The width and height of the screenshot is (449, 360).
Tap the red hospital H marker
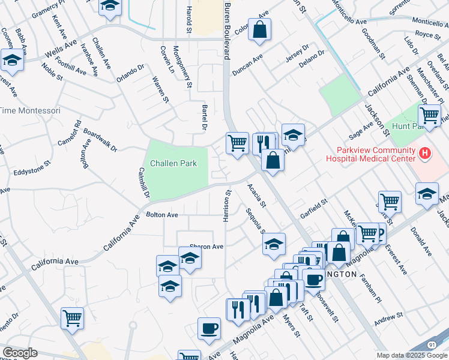[425, 154]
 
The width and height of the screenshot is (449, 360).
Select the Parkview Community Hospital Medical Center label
[370, 154]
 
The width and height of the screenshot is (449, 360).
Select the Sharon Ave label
[206, 247]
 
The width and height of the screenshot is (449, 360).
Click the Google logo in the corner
[20, 353]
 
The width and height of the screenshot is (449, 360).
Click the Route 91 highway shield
[432, 345]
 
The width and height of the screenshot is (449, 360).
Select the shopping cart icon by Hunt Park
[429, 114]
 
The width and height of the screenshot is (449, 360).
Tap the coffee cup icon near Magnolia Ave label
[209, 328]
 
